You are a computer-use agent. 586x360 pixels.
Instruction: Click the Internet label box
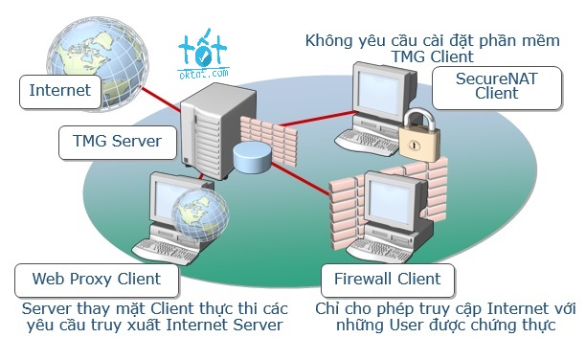[x=59, y=93]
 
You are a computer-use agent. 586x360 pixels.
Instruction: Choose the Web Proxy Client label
[x=96, y=280]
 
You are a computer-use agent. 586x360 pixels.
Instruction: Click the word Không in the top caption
[x=328, y=41]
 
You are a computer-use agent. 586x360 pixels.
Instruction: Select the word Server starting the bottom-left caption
[x=45, y=309]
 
